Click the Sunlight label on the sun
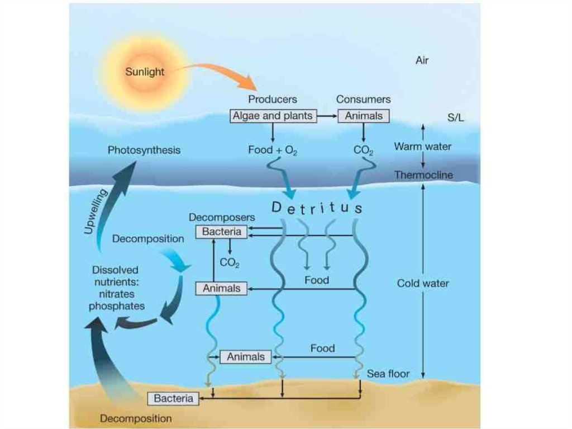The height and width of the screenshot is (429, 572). coord(144,72)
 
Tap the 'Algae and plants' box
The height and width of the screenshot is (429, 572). coord(273,116)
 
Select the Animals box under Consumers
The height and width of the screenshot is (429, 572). coord(364,116)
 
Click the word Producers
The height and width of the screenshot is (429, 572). coord(273,99)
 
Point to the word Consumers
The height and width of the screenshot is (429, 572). coord(363,99)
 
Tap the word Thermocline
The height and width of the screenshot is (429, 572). coord(423,175)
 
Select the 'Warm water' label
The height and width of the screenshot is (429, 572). coord(423,147)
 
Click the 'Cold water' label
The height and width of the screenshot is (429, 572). coord(423,283)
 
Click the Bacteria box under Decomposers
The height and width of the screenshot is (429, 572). coord(221,231)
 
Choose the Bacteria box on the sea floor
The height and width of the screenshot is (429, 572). coord(173,398)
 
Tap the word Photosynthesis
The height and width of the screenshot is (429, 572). coord(144,150)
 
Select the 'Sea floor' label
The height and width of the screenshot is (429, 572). coord(388,373)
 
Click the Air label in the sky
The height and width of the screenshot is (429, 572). coord(422,60)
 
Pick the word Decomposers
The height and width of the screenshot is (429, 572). coord(222,217)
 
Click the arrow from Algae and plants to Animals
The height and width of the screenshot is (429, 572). coord(327,116)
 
